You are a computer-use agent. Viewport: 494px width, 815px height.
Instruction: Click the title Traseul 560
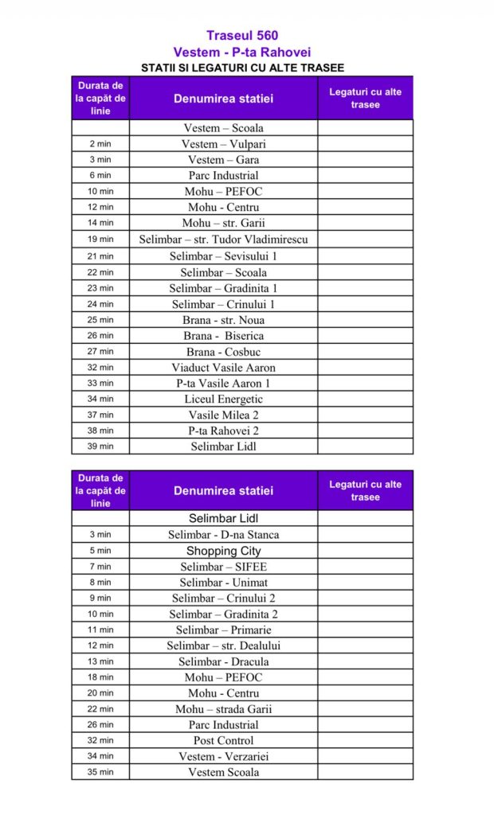tap(242, 35)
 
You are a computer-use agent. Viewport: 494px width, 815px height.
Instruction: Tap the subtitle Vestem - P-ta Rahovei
tap(242, 52)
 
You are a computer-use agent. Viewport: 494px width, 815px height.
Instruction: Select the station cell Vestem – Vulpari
tap(224, 144)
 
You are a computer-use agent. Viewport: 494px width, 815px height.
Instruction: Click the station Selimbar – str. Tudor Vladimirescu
tap(224, 240)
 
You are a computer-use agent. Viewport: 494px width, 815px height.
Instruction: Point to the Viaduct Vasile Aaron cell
tap(224, 368)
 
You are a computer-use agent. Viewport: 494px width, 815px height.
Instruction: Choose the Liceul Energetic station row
tap(224, 400)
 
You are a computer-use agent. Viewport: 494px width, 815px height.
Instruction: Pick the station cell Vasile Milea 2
tap(224, 415)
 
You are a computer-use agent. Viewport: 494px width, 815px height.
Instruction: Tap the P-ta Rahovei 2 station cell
tap(224, 431)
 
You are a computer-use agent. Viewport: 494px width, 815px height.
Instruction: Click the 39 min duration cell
tap(100, 446)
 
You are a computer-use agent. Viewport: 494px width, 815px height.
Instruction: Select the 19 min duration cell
tap(100, 240)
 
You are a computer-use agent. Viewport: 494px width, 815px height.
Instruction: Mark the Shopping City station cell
tap(224, 551)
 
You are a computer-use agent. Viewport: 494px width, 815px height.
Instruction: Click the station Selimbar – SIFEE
tap(224, 567)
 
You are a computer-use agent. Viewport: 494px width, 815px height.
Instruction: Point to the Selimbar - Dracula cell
tap(224, 661)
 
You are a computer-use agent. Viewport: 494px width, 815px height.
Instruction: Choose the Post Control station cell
tap(224, 740)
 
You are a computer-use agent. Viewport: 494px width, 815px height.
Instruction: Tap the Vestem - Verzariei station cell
tap(224, 756)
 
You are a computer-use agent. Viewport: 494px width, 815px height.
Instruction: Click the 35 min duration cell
tap(100, 772)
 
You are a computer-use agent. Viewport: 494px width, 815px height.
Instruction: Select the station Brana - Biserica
tap(224, 336)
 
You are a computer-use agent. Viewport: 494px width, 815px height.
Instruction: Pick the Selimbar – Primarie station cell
tap(224, 630)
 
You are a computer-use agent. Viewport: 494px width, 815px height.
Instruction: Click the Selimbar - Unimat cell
tap(224, 583)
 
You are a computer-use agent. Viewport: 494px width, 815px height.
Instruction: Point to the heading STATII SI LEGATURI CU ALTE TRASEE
tap(242, 68)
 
